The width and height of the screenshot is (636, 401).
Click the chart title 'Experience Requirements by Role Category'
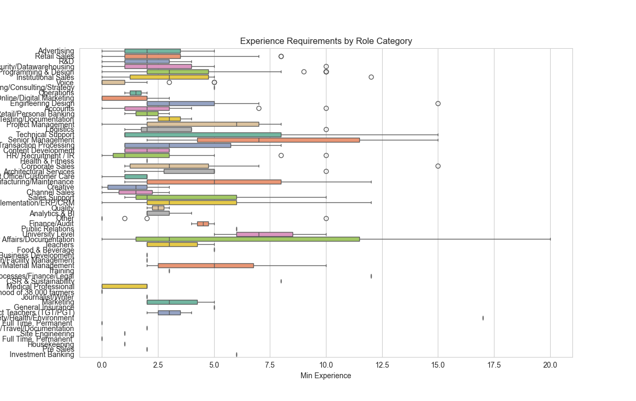tap(326, 41)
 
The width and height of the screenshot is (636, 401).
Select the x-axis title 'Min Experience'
tap(326, 376)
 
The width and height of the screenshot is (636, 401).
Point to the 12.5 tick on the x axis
tap(382, 364)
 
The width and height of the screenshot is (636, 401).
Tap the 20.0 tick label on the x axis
tap(550, 364)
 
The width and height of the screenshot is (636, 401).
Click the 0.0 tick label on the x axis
tap(102, 364)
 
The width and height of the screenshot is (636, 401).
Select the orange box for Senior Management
tap(278, 140)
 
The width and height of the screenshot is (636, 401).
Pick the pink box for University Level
tap(264, 234)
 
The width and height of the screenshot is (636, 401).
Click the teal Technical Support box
tap(202, 135)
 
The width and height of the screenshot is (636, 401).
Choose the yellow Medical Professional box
tap(124, 287)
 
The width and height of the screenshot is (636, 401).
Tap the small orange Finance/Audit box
tap(203, 224)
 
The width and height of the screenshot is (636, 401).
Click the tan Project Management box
tap(202, 124)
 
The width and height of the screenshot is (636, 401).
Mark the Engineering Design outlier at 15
tap(438, 103)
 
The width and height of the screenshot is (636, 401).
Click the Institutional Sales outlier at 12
tap(371, 77)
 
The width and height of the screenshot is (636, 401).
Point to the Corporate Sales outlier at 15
tap(438, 166)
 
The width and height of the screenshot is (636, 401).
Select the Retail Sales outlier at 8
tap(281, 56)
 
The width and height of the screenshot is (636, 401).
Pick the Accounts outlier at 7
tap(259, 109)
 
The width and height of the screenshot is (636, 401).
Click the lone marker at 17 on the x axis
tap(483, 318)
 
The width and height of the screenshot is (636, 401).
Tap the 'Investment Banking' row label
tap(42, 354)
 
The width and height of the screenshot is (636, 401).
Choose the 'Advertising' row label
tap(56, 51)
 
